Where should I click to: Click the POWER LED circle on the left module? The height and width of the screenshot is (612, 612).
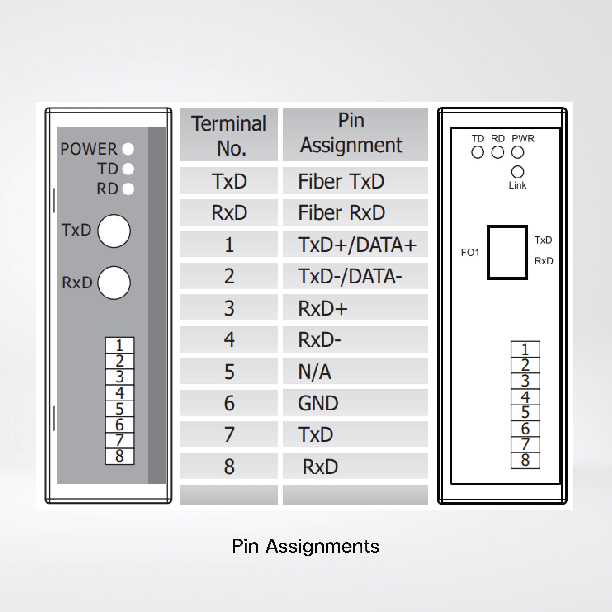(x=128, y=149)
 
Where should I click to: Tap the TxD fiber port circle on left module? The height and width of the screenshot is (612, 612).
(x=114, y=231)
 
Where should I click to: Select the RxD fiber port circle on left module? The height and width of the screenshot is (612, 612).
(x=114, y=283)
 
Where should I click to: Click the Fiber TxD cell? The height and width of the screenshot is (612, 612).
(x=355, y=181)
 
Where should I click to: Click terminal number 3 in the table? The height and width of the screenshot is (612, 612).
(x=229, y=308)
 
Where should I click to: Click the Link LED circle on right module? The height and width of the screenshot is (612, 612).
(x=518, y=172)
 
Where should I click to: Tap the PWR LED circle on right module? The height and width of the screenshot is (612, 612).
(x=518, y=152)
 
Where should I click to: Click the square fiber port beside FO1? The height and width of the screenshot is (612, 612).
(x=507, y=252)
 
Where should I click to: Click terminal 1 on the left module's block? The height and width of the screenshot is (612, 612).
(x=119, y=345)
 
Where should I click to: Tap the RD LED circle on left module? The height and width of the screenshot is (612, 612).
(x=128, y=189)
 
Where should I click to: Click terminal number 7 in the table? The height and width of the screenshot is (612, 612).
(x=229, y=435)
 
